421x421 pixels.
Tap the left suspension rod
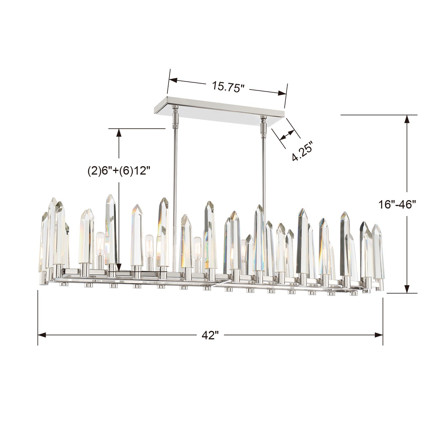(175, 168)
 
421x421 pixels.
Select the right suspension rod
(264, 168)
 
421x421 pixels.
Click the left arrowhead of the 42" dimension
(42, 335)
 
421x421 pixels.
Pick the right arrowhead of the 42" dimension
(379, 335)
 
